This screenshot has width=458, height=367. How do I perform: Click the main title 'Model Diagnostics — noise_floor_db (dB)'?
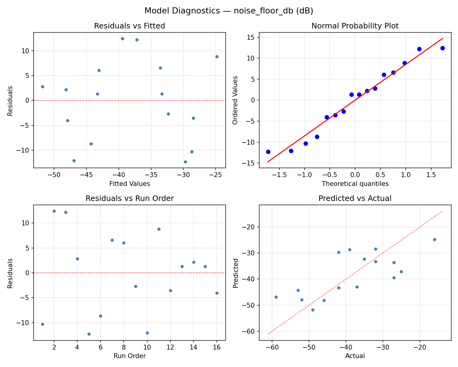coord(229,11)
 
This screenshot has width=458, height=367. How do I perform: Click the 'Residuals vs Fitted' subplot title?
coord(129,26)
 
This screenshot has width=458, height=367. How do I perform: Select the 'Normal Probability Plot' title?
coord(355,26)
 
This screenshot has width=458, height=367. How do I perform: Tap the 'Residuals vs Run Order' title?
coord(129,198)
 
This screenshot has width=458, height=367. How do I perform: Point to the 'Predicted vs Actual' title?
coord(355,198)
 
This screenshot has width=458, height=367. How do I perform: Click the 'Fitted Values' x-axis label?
coord(129,184)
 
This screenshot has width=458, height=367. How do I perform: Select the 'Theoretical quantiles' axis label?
coord(355,184)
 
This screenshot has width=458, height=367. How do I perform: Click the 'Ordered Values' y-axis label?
coord(235,100)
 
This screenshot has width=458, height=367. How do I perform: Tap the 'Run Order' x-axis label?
coord(129,356)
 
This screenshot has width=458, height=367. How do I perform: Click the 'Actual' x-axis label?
coord(355,356)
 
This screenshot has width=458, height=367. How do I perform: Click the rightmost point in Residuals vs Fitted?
coord(217,57)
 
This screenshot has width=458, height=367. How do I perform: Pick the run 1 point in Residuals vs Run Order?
coord(42,324)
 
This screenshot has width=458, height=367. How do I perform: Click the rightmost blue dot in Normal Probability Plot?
coord(442,48)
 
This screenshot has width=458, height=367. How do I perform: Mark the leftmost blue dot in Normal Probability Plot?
coord(268,152)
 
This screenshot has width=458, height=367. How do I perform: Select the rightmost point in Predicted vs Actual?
coord(434,239)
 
